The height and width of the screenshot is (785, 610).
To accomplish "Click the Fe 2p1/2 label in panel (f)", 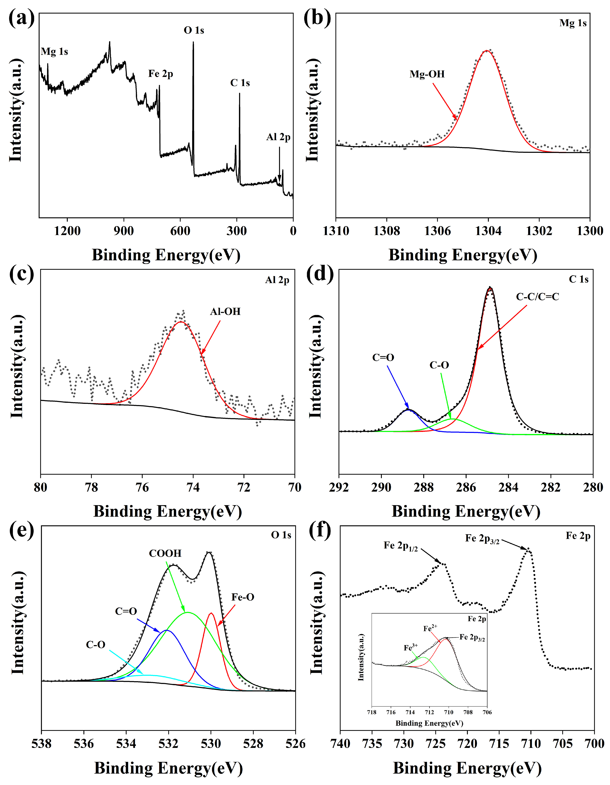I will click(x=400, y=546).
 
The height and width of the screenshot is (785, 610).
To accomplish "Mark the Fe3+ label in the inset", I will click(x=411, y=648).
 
